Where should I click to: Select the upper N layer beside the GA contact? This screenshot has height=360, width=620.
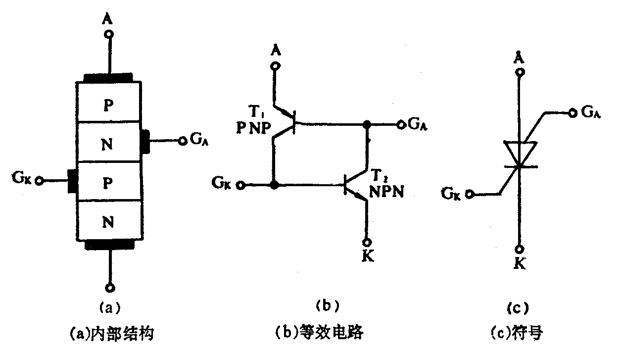tap(108, 145)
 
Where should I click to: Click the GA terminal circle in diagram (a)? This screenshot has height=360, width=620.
tap(182, 141)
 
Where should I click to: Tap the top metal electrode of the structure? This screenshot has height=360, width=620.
tap(108, 77)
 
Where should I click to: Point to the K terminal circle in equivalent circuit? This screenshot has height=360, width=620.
tap(367, 242)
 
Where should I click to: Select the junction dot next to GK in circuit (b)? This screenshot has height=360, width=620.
tap(273, 185)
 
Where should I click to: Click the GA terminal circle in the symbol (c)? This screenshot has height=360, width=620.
tap(572, 113)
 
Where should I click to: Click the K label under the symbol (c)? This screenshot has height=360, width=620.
tap(519, 264)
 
